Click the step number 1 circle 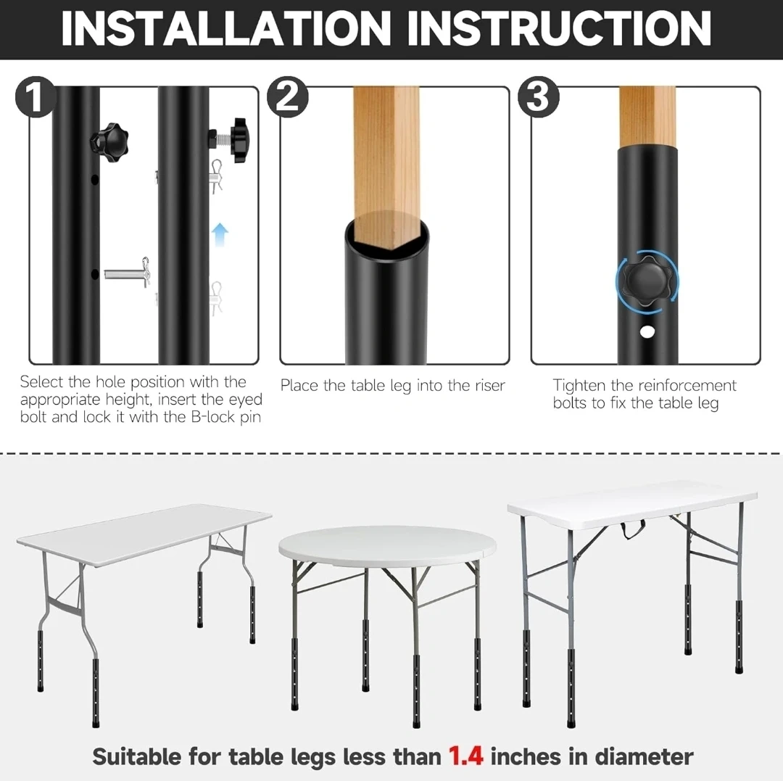(x=35, y=97)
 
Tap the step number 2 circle (x=287, y=97)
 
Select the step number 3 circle (x=538, y=97)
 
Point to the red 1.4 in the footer (x=465, y=756)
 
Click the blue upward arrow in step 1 (x=220, y=234)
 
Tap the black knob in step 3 (x=647, y=281)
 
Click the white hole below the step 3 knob (x=647, y=331)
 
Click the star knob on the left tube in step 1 (x=109, y=141)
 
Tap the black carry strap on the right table (x=633, y=529)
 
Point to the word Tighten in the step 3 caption (x=579, y=386)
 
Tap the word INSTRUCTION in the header (x=559, y=28)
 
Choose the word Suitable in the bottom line (x=136, y=756)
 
